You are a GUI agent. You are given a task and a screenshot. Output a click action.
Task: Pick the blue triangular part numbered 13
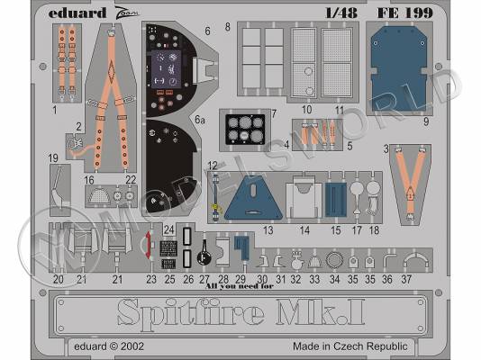[250, 201]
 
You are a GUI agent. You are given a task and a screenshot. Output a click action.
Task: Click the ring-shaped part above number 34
[333, 261]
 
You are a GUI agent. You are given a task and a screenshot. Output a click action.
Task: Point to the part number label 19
[54, 157]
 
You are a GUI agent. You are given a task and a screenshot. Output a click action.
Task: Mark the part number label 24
[169, 229]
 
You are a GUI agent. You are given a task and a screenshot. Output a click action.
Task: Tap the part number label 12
[213, 165]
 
